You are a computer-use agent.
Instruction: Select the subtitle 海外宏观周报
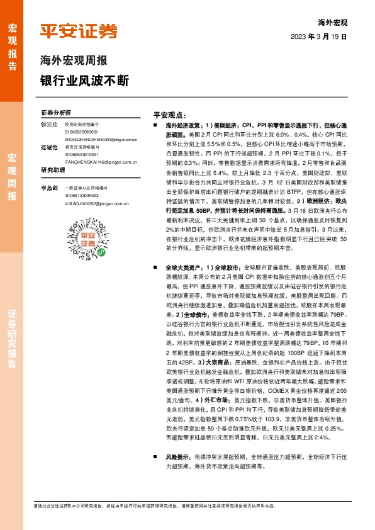74,61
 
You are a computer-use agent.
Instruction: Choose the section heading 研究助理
53,171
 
